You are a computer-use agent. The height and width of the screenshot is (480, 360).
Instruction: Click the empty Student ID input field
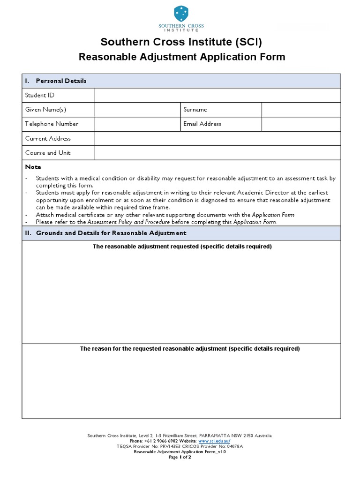click(217, 95)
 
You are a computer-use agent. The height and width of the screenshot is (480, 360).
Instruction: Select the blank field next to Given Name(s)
click(138, 110)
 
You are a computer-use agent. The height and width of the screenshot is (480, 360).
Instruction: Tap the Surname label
click(195, 110)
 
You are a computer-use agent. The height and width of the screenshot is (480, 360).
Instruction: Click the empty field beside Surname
click(301, 110)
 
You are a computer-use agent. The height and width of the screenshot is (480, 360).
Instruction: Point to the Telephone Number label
click(52, 124)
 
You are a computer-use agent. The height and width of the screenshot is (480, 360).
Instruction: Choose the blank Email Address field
click(301, 124)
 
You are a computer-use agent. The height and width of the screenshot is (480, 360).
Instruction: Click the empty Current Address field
click(217, 139)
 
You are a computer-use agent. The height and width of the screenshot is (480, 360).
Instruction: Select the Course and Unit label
click(48, 153)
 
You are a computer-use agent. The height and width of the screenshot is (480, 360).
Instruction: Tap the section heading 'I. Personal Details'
click(56, 81)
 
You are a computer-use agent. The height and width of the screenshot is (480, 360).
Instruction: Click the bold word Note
click(33, 167)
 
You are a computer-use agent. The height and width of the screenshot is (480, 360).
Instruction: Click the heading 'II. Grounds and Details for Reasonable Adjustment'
click(105, 233)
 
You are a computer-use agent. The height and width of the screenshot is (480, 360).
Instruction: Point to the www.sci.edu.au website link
click(214, 441)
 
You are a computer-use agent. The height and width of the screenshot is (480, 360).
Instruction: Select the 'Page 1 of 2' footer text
click(180, 457)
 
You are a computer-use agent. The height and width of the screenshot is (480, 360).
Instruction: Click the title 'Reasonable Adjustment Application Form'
click(181, 57)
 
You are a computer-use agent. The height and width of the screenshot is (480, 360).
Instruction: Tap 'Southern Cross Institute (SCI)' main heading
click(181, 42)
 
